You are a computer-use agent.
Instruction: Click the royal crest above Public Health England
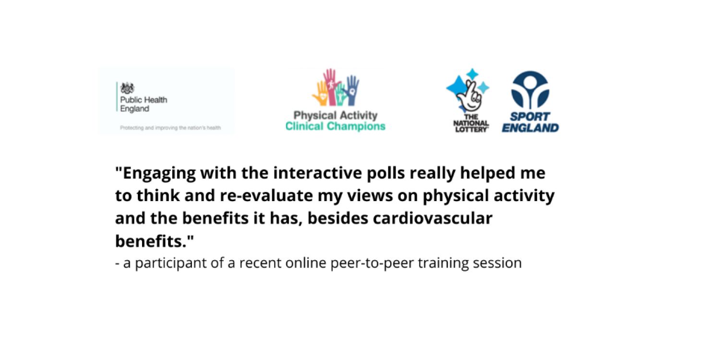pos(127,88)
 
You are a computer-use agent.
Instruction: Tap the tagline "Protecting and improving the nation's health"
pos(170,128)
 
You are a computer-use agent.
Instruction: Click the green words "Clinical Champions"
pos(335,126)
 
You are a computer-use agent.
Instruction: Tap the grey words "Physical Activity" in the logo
pos(335,115)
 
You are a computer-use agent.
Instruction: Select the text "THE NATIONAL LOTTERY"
pos(471,123)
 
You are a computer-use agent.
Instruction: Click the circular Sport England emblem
pos(530,90)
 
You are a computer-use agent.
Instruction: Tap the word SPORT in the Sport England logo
pos(530,117)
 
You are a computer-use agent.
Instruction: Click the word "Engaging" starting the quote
pos(156,173)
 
